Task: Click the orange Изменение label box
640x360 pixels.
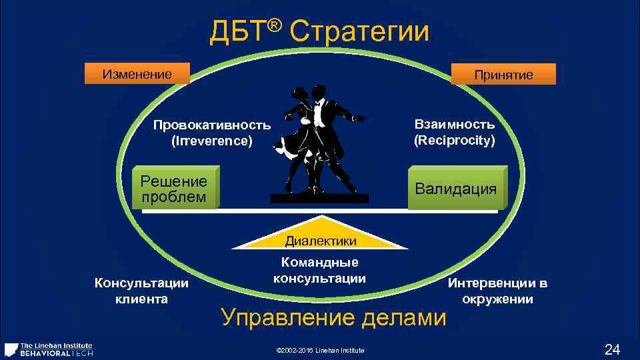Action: pos(137,73)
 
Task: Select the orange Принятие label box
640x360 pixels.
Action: pos(503,75)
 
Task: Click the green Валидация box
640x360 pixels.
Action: pos(456,189)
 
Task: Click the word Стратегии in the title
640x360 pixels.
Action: pos(360,31)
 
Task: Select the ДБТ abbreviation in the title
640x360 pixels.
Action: pos(238,32)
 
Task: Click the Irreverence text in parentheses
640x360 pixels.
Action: pos(212,141)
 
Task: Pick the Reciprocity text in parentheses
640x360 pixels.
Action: pos(455,141)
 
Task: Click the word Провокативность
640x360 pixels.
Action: pos(212,125)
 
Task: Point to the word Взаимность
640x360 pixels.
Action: pos(455,125)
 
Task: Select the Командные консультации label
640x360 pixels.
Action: pos(320,271)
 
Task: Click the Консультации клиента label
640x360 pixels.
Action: pos(141,291)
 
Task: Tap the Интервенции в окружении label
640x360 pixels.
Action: pos(497,291)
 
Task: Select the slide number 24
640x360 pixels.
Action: pos(611,349)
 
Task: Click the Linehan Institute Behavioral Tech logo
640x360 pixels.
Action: pos(49,349)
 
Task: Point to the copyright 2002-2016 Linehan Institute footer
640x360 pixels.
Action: pos(321,351)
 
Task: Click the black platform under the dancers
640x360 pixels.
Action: pos(319,198)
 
